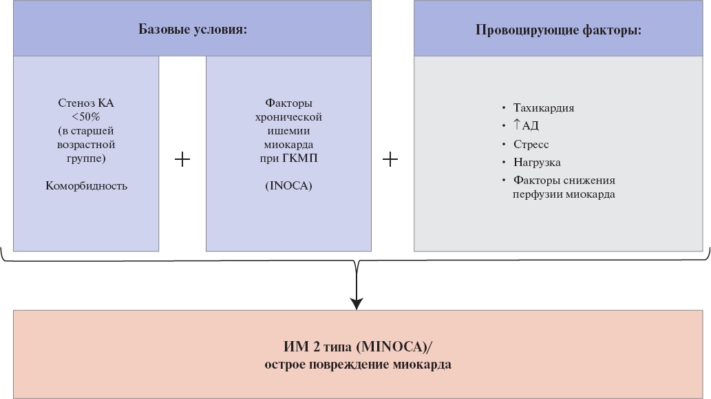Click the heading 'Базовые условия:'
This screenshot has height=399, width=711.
pos(193,30)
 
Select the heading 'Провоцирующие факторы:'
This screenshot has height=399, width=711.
pos(558,30)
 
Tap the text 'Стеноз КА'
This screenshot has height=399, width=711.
pos(86,103)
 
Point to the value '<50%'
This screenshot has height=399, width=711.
pos(86,116)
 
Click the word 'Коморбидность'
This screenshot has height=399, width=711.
pos(86,185)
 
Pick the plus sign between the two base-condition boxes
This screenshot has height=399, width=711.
pos(182,159)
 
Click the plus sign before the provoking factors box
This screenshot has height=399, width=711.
pos(390,159)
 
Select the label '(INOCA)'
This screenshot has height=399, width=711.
pos(288,185)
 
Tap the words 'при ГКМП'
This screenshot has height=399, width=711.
pos(288,158)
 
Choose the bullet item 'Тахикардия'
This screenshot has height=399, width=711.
pos(544,108)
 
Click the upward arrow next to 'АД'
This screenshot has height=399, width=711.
pos(516,124)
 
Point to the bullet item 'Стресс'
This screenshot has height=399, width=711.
pos(531,144)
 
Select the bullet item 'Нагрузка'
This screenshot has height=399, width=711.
pos(537,163)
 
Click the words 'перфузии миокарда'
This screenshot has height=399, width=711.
pos(564,194)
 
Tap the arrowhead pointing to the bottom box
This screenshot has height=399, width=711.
pos(357,304)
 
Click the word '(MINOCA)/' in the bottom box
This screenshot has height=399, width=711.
pos(394,347)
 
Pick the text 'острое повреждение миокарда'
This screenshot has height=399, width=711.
pos(358,365)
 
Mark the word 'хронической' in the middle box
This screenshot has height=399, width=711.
pos(288,117)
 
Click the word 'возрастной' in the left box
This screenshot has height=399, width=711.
pos(86,145)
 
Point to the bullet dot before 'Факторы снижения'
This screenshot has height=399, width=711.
pos(503,181)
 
